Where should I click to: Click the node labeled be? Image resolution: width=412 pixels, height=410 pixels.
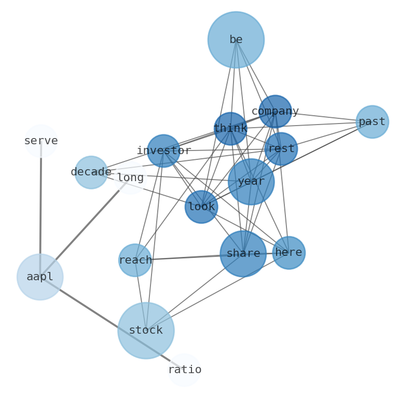[236, 40]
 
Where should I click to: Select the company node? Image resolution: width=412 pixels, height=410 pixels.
[275, 112]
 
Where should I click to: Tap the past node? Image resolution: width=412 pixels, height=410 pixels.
[372, 122]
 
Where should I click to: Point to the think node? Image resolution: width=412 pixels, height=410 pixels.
[230, 129]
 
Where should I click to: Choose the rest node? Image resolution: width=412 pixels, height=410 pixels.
[281, 149]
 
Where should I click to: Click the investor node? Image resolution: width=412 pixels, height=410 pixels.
[163, 151]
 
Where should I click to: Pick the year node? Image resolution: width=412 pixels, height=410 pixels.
[251, 182]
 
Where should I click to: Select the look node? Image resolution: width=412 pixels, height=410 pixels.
[201, 207]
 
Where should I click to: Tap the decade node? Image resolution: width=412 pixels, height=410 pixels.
[91, 172]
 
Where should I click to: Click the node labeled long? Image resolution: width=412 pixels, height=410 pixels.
[130, 177]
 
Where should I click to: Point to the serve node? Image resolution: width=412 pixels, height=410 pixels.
[41, 141]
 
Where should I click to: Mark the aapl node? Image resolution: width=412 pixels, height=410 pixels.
[40, 277]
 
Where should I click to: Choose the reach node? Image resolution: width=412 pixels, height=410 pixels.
[135, 260]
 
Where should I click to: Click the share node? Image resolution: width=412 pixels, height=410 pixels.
[243, 253]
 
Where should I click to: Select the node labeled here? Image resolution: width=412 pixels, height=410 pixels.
[289, 253]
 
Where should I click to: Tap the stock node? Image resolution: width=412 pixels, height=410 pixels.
[146, 330]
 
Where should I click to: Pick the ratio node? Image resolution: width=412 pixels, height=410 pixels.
[184, 370]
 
